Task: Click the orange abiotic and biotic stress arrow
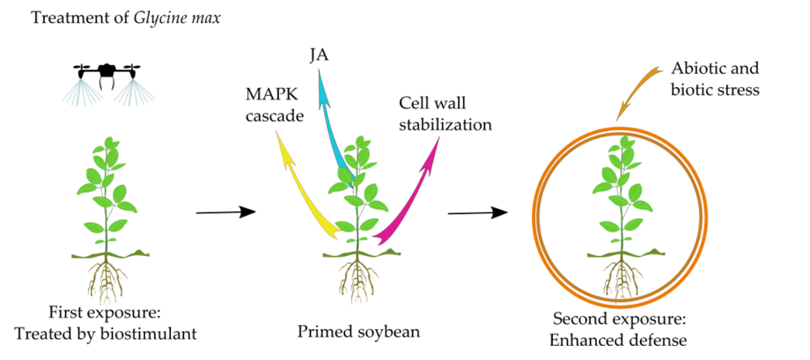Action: (x=638, y=89)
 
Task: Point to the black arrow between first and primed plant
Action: (x=224, y=211)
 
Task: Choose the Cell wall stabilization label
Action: (x=444, y=114)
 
